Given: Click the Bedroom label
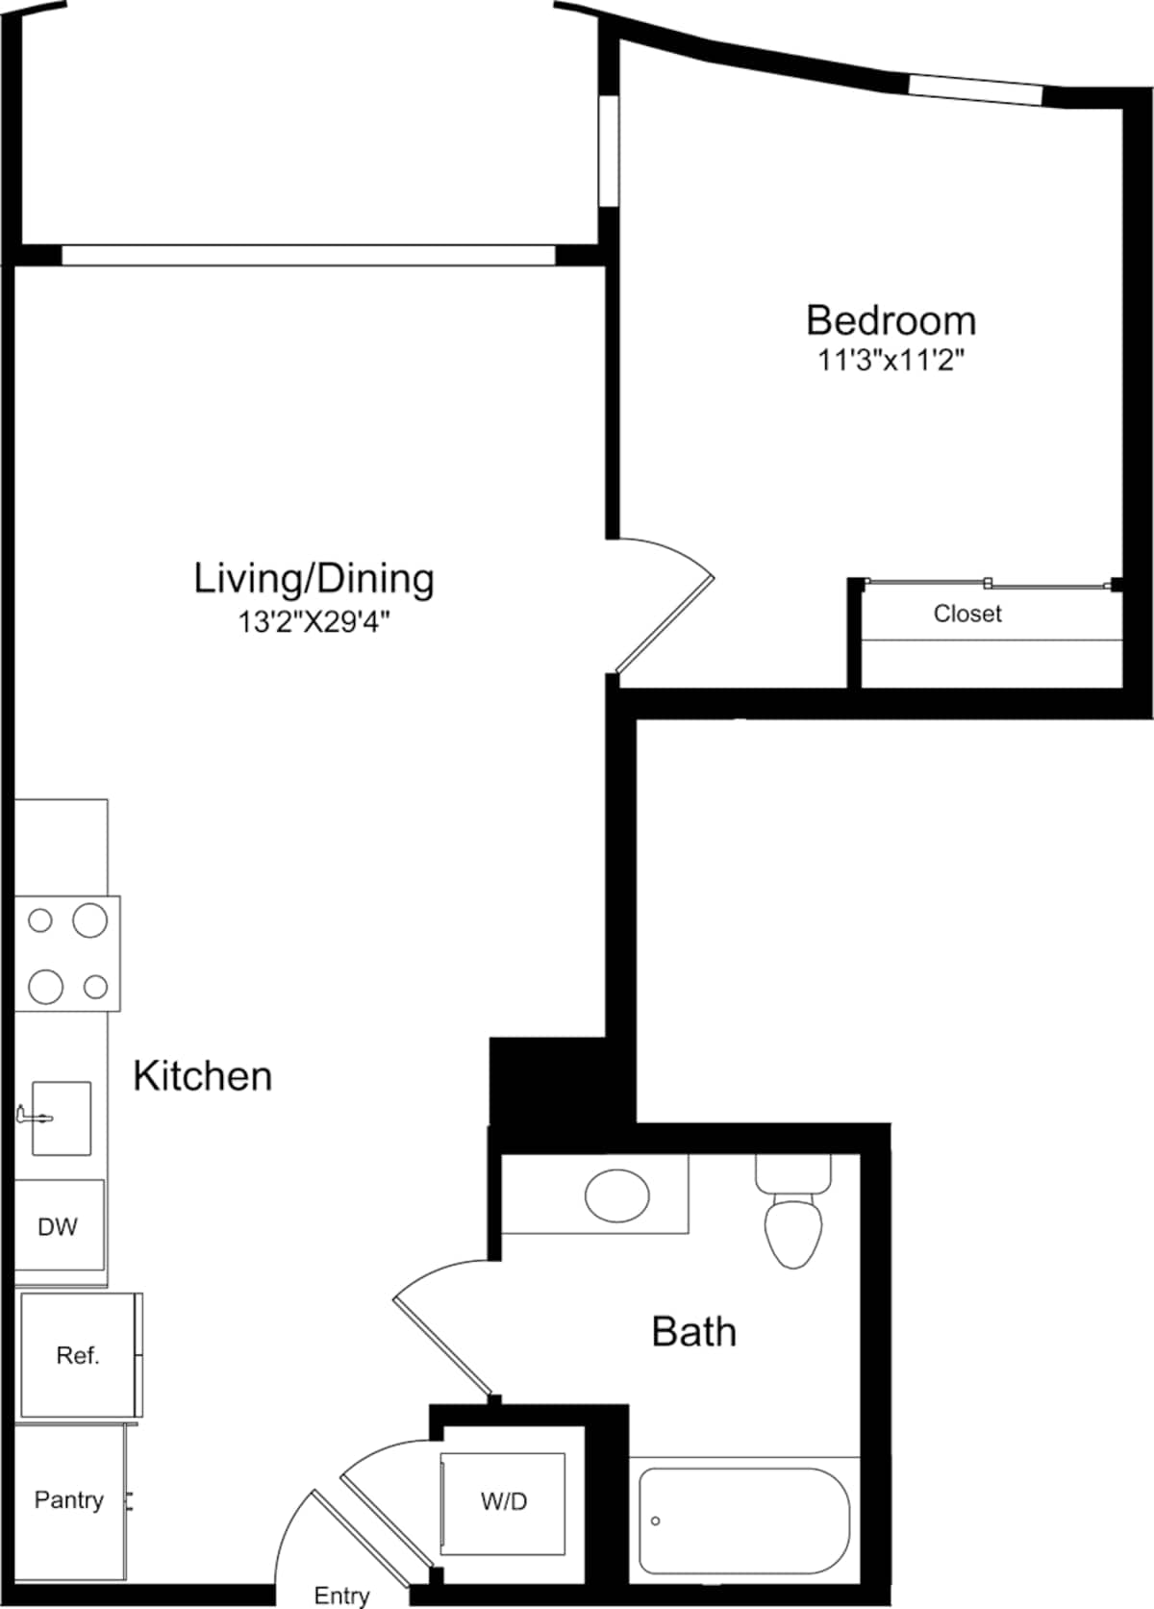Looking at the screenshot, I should tap(891, 320).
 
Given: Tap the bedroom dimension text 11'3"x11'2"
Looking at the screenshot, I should tap(891, 362).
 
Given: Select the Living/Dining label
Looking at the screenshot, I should tap(314, 578).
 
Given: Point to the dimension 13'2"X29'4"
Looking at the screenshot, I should tap(314, 623).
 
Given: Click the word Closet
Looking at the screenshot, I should tap(967, 614).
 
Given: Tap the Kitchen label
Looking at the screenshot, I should tap(203, 1076).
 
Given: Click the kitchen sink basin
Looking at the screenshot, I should tap(63, 1118).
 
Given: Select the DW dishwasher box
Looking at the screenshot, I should tap(58, 1226).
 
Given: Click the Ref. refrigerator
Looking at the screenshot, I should tap(78, 1355).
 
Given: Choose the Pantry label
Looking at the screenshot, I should tap(68, 1500).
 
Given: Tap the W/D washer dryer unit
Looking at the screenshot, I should tap(504, 1501).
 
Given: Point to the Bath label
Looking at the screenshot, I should tap(694, 1332).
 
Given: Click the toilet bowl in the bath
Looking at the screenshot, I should tap(793, 1231).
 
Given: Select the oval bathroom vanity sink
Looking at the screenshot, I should tap(616, 1194).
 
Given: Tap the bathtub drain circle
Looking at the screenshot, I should tap(656, 1521).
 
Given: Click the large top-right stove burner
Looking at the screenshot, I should tap(90, 920).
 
